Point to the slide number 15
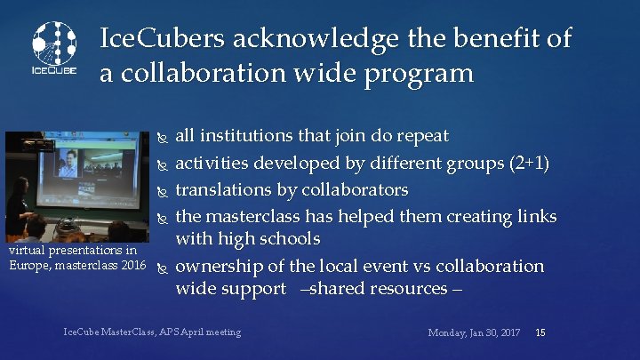tap(540, 332)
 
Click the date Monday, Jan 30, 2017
tap(475, 332)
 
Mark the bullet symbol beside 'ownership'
tap(161, 267)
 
